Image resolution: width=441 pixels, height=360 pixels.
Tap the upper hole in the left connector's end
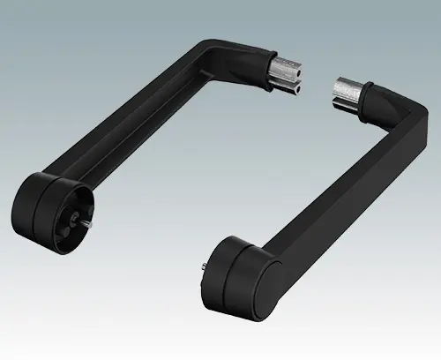click(295, 64)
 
